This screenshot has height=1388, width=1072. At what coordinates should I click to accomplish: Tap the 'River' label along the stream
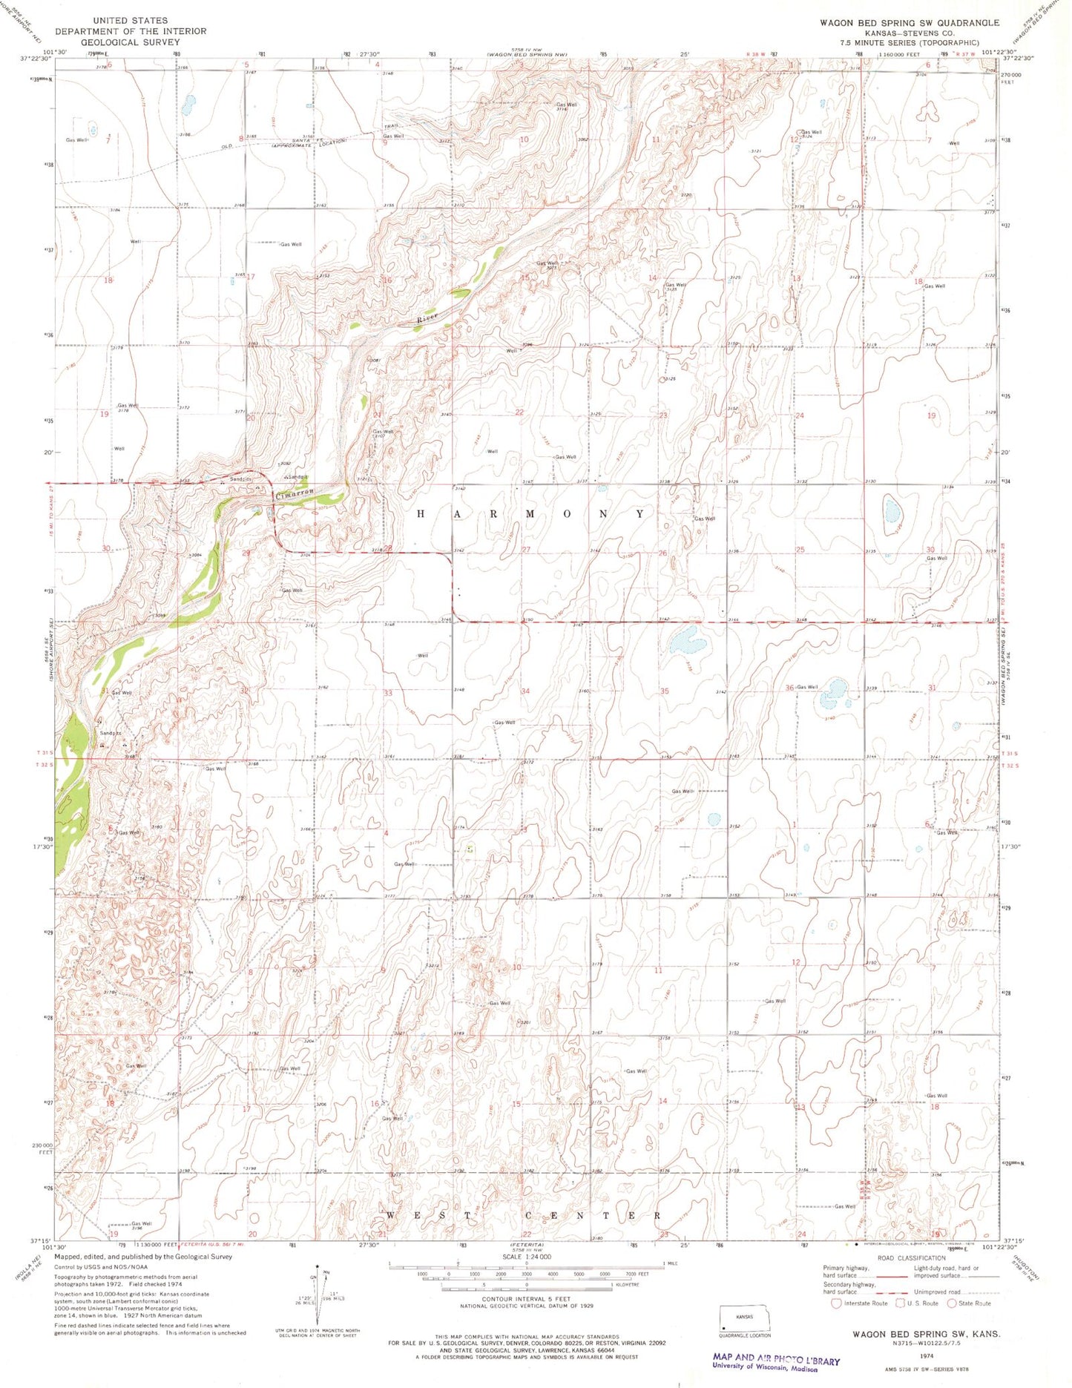click(x=428, y=318)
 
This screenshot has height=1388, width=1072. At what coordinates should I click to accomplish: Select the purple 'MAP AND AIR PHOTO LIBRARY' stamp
click(x=775, y=1360)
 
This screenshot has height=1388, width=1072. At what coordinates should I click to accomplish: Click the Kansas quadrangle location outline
click(x=744, y=1319)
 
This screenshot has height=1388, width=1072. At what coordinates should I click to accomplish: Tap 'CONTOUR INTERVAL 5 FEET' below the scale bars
click(x=526, y=1300)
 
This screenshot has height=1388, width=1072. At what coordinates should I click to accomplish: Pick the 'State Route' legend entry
click(x=974, y=1303)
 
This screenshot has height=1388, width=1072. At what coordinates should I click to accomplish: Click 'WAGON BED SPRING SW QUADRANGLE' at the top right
click(x=909, y=23)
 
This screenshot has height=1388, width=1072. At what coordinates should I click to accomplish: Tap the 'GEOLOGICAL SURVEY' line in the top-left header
click(x=130, y=42)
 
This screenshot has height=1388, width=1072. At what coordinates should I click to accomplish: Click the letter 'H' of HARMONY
click(x=420, y=513)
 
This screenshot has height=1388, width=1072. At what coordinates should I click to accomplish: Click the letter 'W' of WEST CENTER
click(x=391, y=1216)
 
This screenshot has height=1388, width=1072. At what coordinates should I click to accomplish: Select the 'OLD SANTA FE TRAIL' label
click(x=297, y=141)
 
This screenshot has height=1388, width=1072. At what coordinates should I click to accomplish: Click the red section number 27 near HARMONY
click(x=526, y=550)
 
